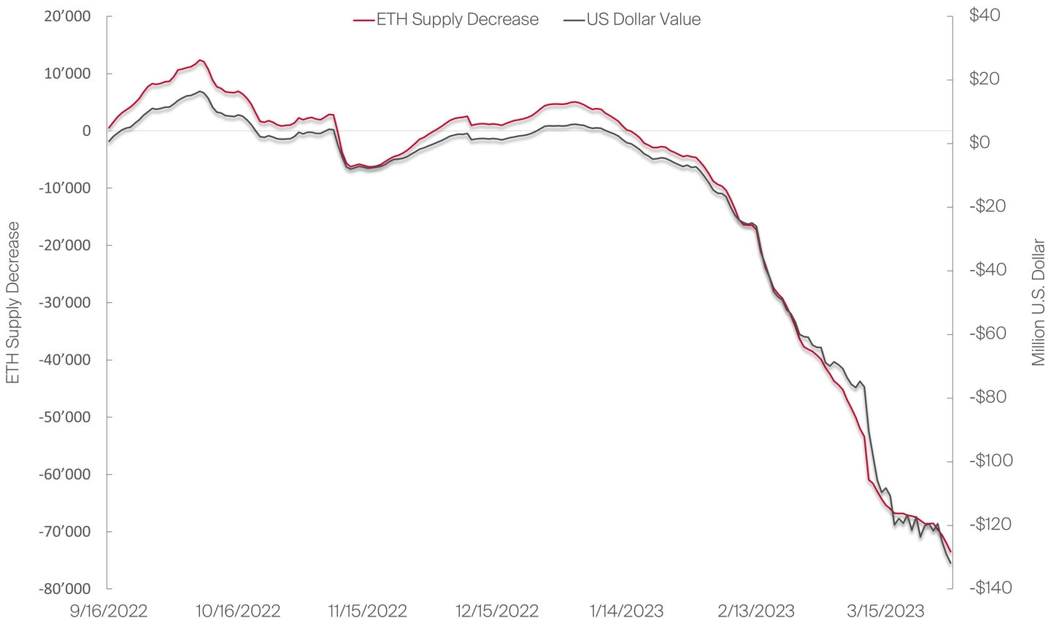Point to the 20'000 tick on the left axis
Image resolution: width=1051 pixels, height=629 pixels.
(x=68, y=16)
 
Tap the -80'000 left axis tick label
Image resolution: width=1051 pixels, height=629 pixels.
(x=65, y=589)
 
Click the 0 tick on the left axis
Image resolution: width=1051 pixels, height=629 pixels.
(x=87, y=131)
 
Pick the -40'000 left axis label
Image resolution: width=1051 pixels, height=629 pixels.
(x=65, y=360)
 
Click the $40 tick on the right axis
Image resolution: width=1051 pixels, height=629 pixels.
(x=985, y=15)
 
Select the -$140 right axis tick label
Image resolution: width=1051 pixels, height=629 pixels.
(x=990, y=588)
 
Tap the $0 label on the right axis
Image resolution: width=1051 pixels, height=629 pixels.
(x=980, y=142)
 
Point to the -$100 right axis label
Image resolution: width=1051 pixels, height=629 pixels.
(x=990, y=460)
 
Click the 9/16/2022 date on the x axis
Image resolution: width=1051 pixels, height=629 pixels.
(x=107, y=611)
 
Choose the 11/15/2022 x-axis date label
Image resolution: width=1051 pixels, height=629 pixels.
(x=367, y=611)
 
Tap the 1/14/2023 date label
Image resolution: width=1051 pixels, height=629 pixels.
(x=627, y=611)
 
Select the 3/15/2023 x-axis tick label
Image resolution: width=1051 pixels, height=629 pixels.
(x=885, y=611)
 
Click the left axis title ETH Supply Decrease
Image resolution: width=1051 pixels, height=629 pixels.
(x=12, y=303)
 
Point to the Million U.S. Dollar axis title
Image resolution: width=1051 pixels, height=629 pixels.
(x=1039, y=303)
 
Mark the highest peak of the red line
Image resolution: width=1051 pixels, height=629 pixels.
(x=200, y=60)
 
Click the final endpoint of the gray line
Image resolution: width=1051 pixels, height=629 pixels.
(x=950, y=563)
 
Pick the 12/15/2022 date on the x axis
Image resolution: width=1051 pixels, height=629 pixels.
(x=497, y=611)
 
